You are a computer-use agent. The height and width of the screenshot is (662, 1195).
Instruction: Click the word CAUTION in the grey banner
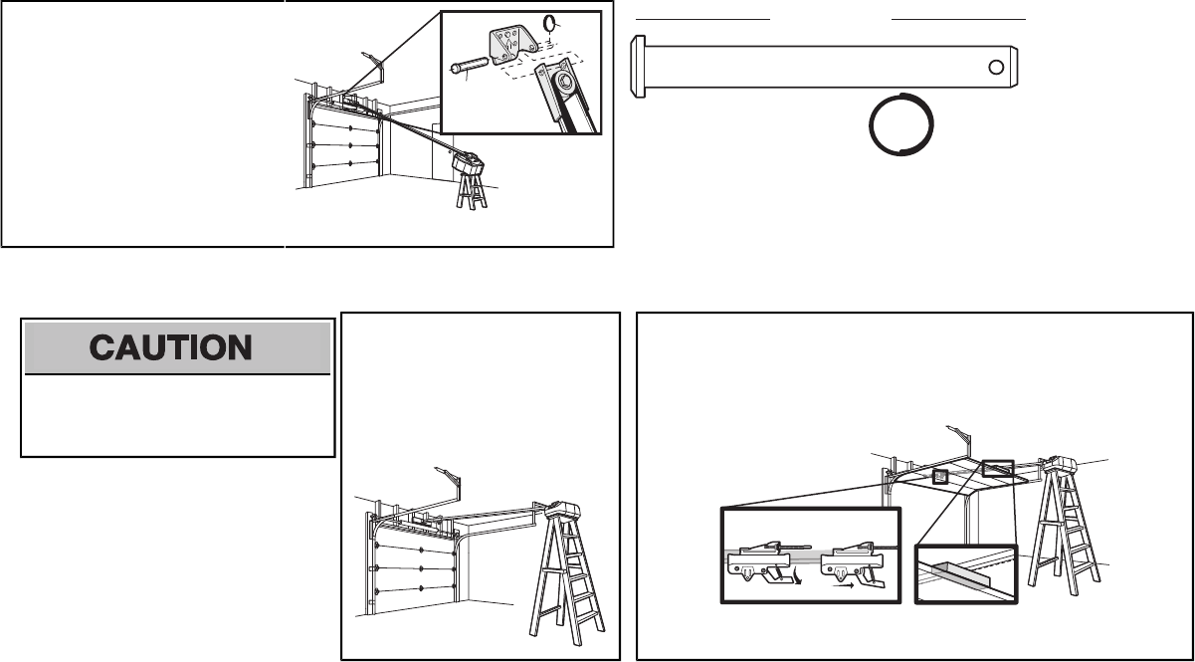coord(176,347)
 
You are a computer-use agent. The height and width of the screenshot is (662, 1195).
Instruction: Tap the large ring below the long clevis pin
coord(901,123)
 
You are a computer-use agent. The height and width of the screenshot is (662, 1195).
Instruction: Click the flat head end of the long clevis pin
coord(638,67)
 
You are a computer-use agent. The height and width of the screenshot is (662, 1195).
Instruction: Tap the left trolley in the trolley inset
coord(761,562)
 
